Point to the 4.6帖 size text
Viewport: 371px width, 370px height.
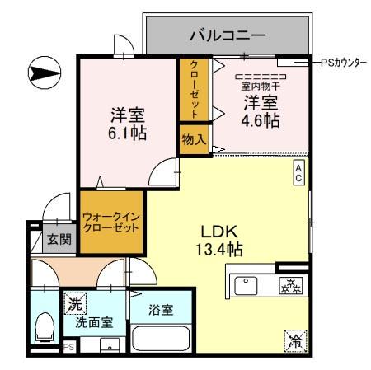click(258, 119)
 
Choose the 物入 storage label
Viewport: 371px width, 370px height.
click(194, 139)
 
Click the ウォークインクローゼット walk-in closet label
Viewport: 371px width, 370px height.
click(110, 222)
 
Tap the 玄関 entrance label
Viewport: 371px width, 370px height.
click(59, 240)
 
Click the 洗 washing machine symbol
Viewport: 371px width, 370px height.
click(75, 303)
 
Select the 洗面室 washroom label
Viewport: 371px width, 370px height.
click(94, 322)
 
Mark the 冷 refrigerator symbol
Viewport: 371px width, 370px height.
click(294, 338)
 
